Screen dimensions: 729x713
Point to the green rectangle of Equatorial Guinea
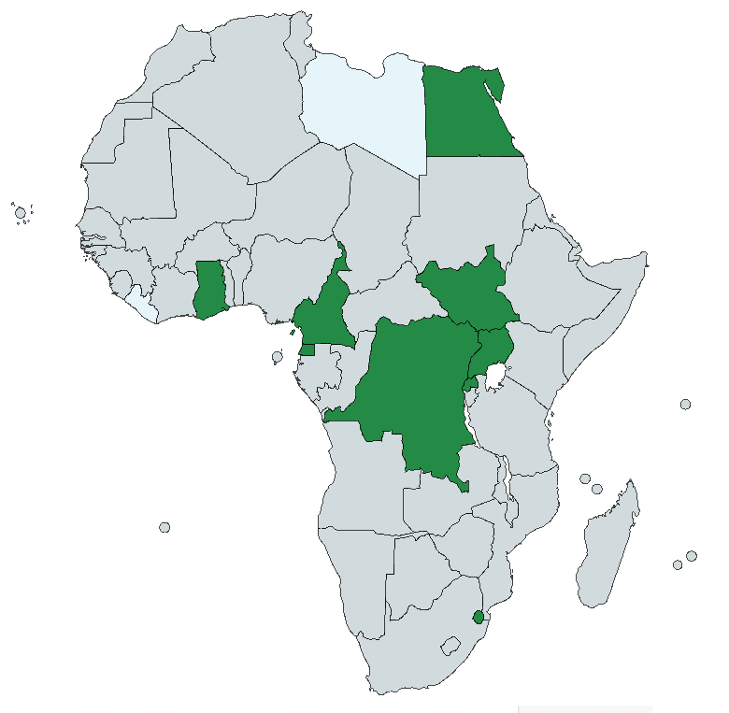307,350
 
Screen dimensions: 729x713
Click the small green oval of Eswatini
479,617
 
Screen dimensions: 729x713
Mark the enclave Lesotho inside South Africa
451,646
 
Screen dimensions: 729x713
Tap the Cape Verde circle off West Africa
21,213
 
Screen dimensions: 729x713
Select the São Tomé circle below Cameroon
278,356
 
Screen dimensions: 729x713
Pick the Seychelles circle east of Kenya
685,404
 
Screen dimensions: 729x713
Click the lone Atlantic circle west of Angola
165,527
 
